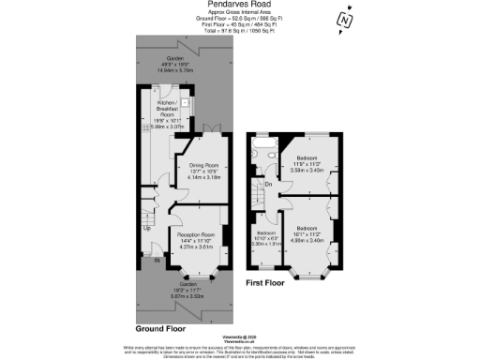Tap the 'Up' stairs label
147,227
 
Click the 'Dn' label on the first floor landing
267,184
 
